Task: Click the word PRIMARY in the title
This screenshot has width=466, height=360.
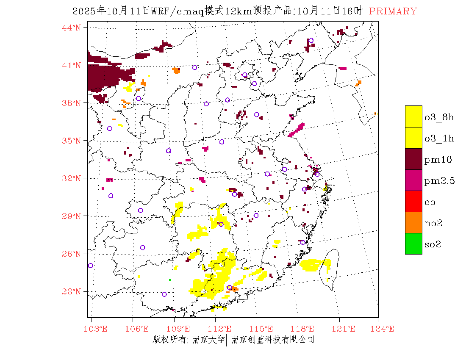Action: [393, 11]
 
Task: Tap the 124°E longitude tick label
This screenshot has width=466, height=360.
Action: [384, 329]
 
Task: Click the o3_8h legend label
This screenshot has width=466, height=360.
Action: [439, 117]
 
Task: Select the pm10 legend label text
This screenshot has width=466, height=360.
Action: [438, 160]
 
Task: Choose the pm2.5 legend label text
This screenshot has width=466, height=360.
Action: [440, 181]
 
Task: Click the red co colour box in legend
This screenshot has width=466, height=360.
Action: [413, 201]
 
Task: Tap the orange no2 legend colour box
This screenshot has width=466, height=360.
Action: [413, 222]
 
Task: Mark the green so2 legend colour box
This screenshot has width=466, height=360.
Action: [413, 244]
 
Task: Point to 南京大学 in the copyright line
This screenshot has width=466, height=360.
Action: [208, 339]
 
